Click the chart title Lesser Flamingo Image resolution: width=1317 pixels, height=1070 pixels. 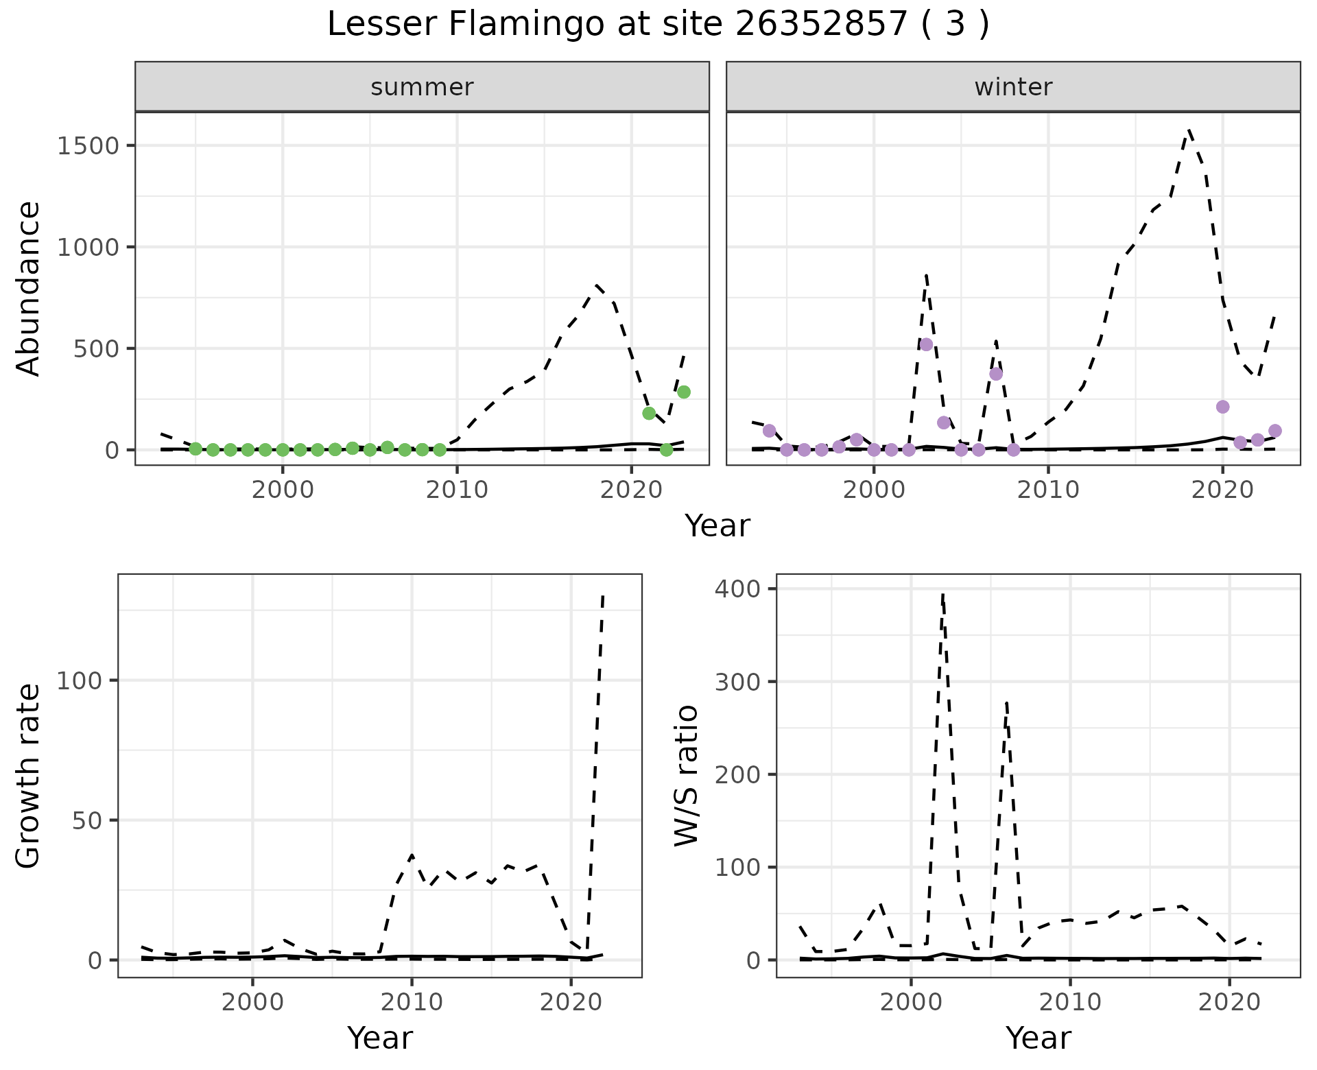tap(658, 25)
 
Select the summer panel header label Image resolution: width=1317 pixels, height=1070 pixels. tap(422, 87)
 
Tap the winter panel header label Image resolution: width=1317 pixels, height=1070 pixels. tap(1013, 87)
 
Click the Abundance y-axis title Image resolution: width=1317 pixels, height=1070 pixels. tap(29, 288)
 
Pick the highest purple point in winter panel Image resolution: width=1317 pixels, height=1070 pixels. tap(926, 344)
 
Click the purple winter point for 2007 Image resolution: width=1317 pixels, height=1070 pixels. tap(996, 374)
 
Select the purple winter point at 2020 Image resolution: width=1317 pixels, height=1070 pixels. tap(1222, 407)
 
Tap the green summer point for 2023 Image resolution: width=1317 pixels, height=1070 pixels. tap(684, 392)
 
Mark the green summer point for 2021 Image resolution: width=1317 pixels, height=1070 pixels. tap(649, 413)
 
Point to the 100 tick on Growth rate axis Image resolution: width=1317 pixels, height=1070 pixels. tap(78, 680)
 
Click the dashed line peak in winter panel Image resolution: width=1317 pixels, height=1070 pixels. tap(1189, 130)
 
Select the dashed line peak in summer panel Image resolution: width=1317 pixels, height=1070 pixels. tap(597, 285)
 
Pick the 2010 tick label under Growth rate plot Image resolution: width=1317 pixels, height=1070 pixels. tap(412, 1003)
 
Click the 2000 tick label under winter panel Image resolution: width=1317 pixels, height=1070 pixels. tap(873, 491)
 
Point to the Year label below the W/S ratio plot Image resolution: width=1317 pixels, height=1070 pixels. tap(1038, 1038)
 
